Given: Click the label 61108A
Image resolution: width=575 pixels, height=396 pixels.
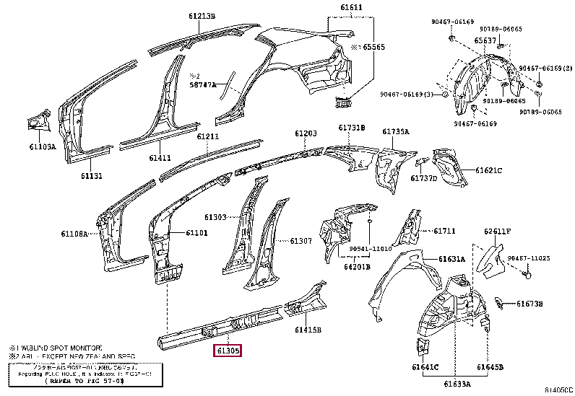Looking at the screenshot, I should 74,234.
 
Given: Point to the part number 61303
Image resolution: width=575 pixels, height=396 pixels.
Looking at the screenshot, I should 215,216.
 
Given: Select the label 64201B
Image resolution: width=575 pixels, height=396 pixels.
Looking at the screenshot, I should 358,266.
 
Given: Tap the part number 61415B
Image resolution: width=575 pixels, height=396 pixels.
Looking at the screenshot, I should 308,330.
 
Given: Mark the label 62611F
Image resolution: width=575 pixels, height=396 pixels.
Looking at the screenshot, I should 497,232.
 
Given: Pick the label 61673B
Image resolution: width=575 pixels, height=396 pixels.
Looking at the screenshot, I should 529,304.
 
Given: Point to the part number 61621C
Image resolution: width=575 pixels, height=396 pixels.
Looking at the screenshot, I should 488,170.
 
